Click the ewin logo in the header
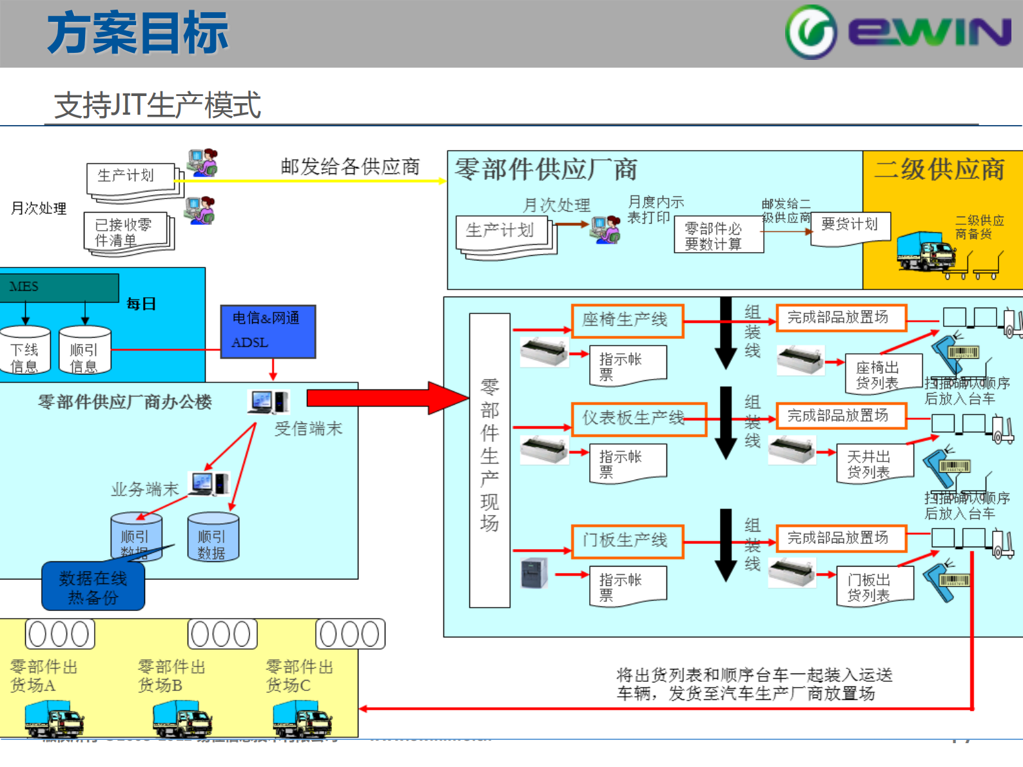coord(898,32)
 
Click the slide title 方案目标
coord(137,33)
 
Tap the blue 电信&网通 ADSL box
coord(268,331)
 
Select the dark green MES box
coord(59,287)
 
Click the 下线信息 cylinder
coord(24,350)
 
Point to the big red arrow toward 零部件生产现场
coord(387,398)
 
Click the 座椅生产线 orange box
coord(627,320)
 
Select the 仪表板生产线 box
coord(638,419)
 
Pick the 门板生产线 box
coord(627,541)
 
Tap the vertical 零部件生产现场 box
coord(489,460)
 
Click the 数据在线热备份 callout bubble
coord(93,587)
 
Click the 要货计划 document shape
coord(850,228)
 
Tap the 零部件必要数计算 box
coord(718,235)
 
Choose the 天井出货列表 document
coord(873,463)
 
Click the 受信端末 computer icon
coord(268,402)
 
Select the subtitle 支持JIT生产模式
coord(158,105)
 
